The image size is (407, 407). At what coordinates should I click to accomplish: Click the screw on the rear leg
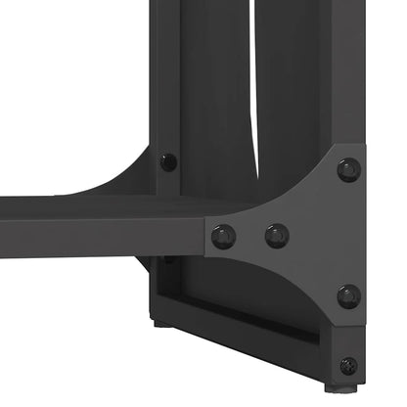[169, 160]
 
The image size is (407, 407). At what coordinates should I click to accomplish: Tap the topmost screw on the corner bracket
[348, 169]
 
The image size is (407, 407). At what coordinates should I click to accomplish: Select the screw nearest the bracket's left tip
[224, 235]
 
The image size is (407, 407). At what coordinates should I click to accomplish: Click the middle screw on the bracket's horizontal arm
[277, 235]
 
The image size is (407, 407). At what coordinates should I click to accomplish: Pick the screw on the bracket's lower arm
[348, 295]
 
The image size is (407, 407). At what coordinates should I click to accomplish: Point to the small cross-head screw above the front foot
[348, 365]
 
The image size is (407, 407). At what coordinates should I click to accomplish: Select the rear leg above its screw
[168, 78]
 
